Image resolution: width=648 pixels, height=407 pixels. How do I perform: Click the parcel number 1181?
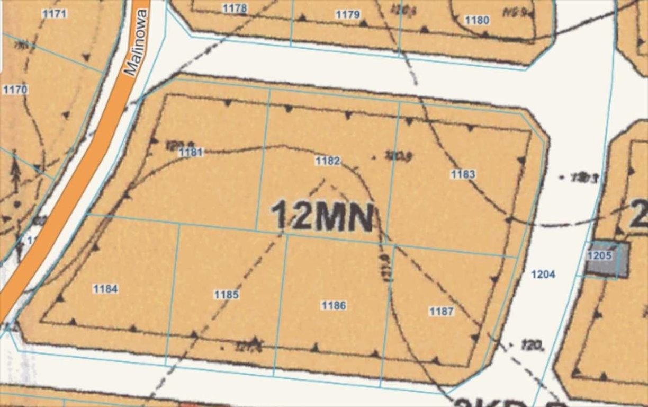pyautogui.click(x=191, y=153)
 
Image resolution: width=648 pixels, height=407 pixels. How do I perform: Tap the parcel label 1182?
pyautogui.click(x=327, y=161)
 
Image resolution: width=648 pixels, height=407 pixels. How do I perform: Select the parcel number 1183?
pyautogui.click(x=463, y=174)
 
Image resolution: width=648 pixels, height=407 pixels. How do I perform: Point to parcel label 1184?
pyautogui.click(x=105, y=289)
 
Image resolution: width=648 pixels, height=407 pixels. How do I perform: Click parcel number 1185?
pyautogui.click(x=227, y=295)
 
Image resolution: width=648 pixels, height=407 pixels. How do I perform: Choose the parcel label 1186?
pyautogui.click(x=334, y=305)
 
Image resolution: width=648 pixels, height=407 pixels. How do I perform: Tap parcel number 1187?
pyautogui.click(x=441, y=311)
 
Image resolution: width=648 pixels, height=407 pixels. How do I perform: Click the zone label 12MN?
pyautogui.click(x=322, y=216)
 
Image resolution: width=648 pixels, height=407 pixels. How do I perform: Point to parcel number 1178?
pyautogui.click(x=235, y=8)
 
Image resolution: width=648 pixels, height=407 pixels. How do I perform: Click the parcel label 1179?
pyautogui.click(x=347, y=14)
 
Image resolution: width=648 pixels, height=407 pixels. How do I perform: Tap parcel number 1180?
pyautogui.click(x=476, y=20)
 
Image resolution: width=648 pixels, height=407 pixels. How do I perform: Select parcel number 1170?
pyautogui.click(x=15, y=89)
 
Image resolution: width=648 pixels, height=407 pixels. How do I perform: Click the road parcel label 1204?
pyautogui.click(x=543, y=274)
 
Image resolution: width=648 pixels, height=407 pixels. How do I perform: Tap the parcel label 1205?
pyautogui.click(x=599, y=255)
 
